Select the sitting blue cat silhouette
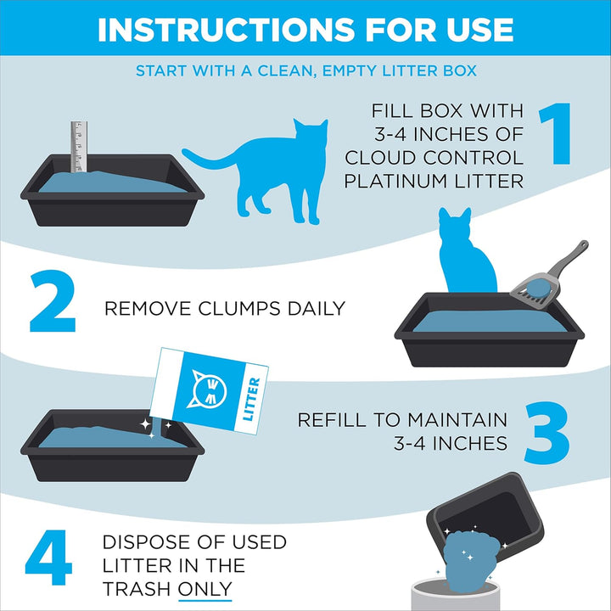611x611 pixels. pyautogui.click(x=467, y=255)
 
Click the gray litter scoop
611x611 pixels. pyautogui.click(x=543, y=276)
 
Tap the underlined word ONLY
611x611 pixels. pyautogui.click(x=205, y=589)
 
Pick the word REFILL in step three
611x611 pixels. pyautogui.click(x=335, y=420)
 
